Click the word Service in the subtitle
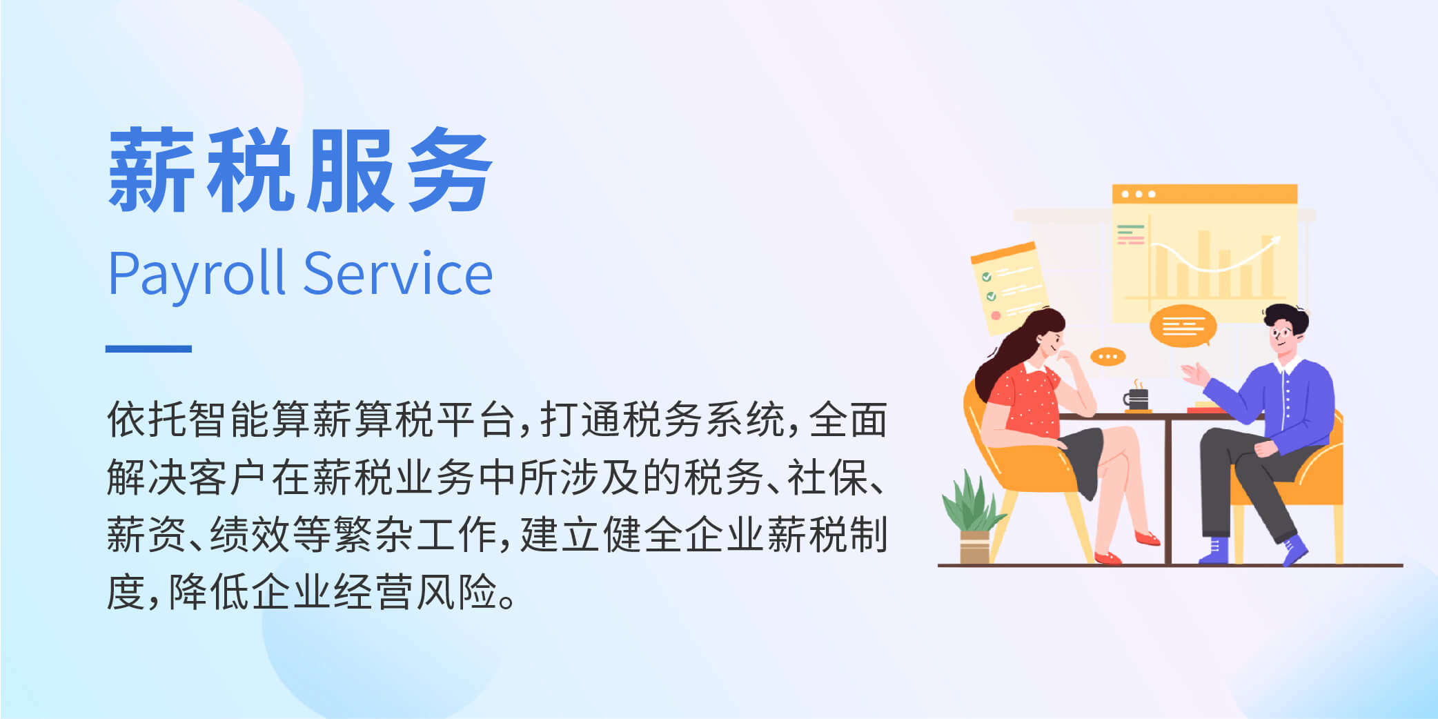coord(398,273)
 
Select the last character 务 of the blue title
coord(449,170)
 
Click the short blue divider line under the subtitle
coord(148,349)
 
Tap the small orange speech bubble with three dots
coord(1107,357)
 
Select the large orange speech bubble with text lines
coord(1183,326)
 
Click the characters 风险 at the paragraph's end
coord(456,592)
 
